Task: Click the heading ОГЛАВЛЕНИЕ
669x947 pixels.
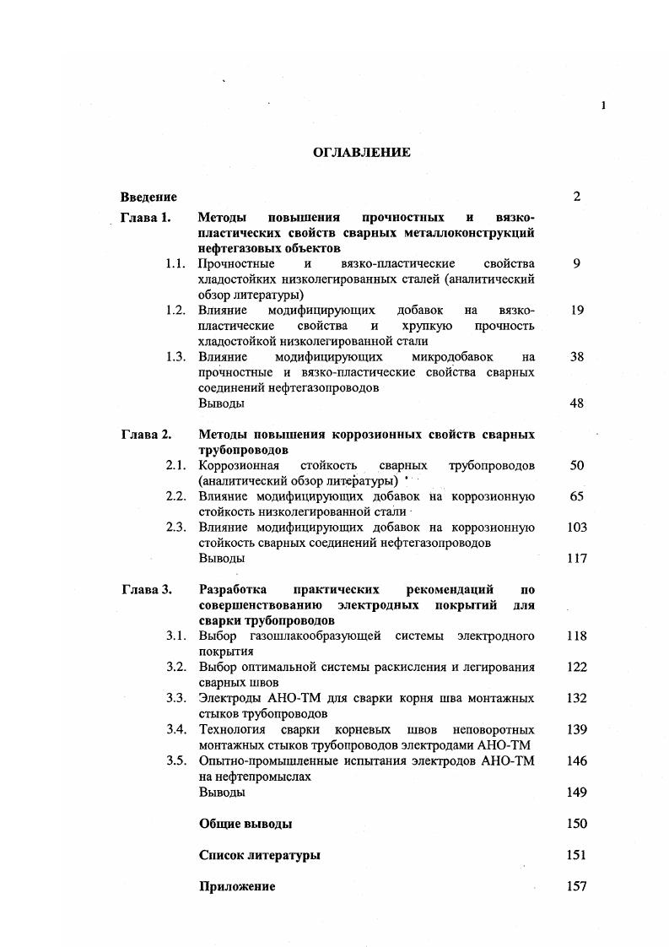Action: pyautogui.click(x=361, y=153)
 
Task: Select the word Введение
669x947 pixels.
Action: pyautogui.click(x=148, y=198)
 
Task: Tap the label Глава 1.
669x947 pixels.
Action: pyautogui.click(x=146, y=218)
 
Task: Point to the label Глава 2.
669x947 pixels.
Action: pyautogui.click(x=146, y=435)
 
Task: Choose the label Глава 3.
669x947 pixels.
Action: pyautogui.click(x=146, y=589)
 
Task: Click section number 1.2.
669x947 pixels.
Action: pyautogui.click(x=175, y=311)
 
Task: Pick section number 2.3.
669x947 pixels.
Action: pyautogui.click(x=175, y=528)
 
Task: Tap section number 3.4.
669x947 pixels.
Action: pyautogui.click(x=175, y=729)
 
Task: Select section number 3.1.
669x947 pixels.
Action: pyautogui.click(x=175, y=636)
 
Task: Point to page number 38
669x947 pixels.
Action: pyautogui.click(x=577, y=357)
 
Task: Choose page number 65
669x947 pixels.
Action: pyautogui.click(x=577, y=496)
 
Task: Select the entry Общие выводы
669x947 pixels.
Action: pyautogui.click(x=245, y=824)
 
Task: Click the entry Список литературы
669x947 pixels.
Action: pyautogui.click(x=259, y=855)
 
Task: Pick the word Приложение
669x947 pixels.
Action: pyautogui.click(x=237, y=886)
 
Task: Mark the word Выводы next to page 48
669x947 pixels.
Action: pyautogui.click(x=222, y=403)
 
